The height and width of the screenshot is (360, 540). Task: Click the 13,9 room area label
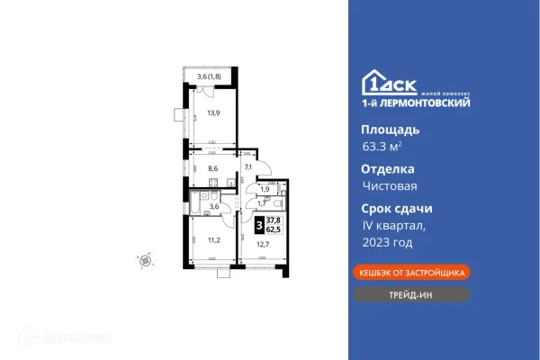tap(213, 113)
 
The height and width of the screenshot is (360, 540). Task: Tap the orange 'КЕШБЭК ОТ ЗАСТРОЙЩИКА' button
tap(409, 271)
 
